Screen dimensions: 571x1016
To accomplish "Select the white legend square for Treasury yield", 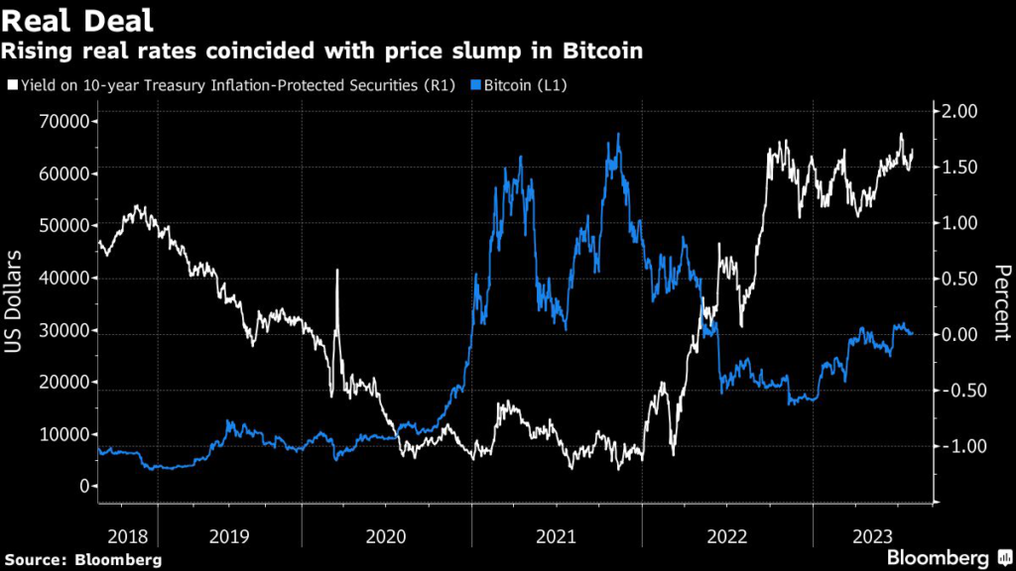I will pyautogui.click(x=12, y=86).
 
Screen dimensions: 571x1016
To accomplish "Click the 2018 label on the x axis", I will pyautogui.click(x=127, y=536).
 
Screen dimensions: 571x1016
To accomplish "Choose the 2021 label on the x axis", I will pyautogui.click(x=557, y=536).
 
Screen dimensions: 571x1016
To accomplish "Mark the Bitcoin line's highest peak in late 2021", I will pyautogui.click(x=619, y=134).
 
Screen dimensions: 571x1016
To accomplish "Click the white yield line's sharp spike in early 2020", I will pyautogui.click(x=337, y=271).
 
